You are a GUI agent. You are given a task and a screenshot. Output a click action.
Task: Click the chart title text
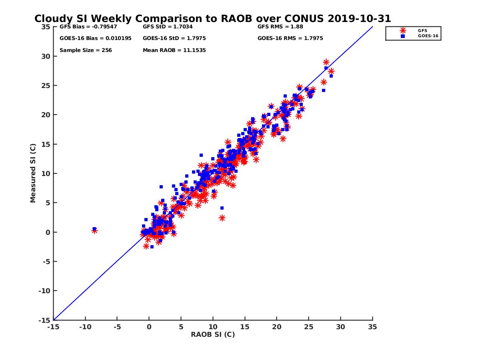(212, 19)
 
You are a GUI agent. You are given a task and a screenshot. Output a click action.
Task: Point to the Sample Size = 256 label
(86, 50)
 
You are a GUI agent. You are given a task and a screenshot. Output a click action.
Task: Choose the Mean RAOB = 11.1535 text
(174, 50)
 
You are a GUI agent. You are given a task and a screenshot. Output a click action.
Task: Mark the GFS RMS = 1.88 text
(280, 27)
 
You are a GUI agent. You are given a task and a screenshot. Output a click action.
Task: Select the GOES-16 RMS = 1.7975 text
(290, 38)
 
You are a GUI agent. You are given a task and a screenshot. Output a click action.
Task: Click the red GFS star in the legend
(403, 30)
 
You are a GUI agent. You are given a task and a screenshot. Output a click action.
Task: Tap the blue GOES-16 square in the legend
(403, 36)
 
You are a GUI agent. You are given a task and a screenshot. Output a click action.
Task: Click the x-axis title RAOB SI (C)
(212, 334)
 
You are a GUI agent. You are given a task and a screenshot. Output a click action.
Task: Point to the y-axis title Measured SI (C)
(33, 173)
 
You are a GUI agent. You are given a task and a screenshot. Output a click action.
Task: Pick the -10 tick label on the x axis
(85, 327)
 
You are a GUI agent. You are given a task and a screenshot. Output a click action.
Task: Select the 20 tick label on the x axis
(276, 327)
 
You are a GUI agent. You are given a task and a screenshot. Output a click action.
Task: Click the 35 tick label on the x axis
(372, 327)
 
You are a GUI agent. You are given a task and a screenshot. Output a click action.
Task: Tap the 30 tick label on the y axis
(45, 56)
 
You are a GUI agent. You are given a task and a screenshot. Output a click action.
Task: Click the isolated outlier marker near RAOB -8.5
(94, 230)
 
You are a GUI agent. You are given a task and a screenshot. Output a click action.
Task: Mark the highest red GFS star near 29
(326, 62)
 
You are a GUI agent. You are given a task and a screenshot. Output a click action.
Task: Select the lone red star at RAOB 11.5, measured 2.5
(222, 218)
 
